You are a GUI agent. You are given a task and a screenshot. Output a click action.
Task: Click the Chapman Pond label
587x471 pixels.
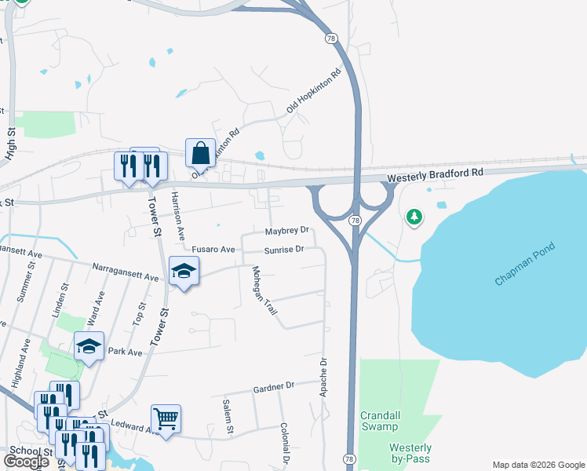click(x=525, y=265)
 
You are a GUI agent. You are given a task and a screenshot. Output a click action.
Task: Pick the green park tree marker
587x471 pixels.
click(x=414, y=217)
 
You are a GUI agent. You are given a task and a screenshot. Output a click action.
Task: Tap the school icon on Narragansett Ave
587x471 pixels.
click(x=184, y=272)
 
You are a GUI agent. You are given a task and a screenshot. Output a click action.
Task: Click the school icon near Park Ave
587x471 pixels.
click(x=89, y=346)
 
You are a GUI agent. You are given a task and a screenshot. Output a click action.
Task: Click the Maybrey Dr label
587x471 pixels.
click(x=286, y=232)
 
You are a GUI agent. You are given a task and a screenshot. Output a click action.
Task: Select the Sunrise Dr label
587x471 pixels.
click(x=283, y=250)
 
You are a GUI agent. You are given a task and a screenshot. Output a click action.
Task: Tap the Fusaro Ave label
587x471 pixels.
click(x=213, y=250)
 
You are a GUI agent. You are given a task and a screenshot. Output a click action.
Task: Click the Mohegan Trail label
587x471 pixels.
click(x=264, y=290)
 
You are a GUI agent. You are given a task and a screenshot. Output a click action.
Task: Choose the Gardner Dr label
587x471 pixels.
click(x=273, y=386)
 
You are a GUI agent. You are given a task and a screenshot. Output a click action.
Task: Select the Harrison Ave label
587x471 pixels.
click(x=178, y=215)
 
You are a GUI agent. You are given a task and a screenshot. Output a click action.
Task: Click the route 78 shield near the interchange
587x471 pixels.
click(x=355, y=221)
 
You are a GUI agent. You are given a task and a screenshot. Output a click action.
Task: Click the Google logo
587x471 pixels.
click(x=27, y=462)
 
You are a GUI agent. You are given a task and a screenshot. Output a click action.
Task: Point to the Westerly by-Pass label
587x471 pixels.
click(x=410, y=453)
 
